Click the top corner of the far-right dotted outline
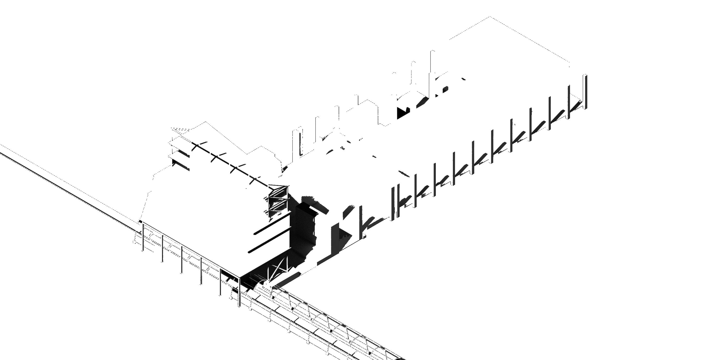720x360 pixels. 490,17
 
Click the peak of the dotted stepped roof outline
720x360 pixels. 206,122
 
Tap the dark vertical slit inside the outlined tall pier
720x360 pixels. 300,144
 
